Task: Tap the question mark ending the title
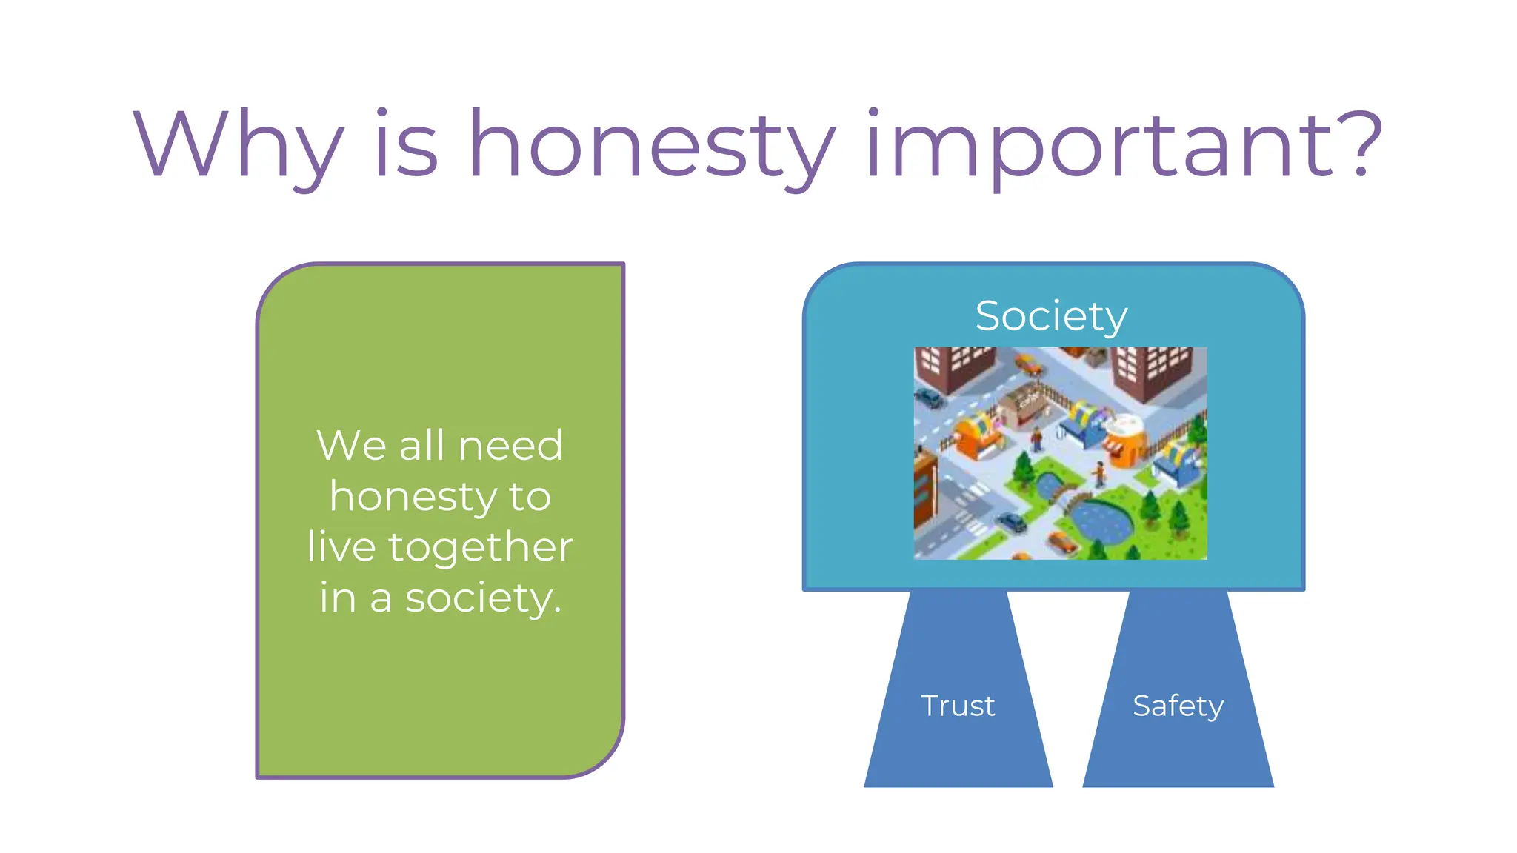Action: coord(1361,144)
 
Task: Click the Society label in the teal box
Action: coord(1051,316)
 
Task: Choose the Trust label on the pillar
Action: coord(958,706)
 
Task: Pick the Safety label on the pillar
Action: coord(1178,706)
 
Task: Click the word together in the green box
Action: coord(480,549)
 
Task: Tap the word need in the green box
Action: coord(510,446)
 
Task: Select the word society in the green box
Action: coord(482,598)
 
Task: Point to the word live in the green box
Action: coord(341,547)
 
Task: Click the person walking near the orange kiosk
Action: coord(1099,472)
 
